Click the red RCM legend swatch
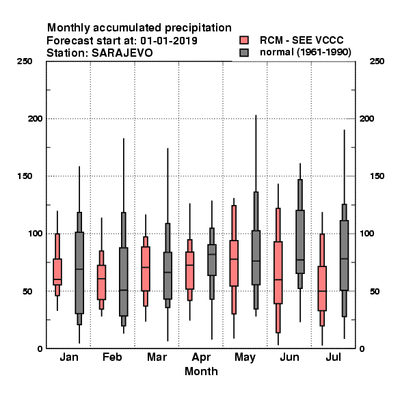pyautogui.click(x=244, y=40)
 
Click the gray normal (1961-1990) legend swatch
pyautogui.click(x=244, y=53)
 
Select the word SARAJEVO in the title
pyautogui.click(x=122, y=53)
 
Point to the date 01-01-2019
pyautogui.click(x=169, y=40)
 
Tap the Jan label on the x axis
pyautogui.click(x=69, y=357)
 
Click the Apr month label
pyautogui.click(x=201, y=357)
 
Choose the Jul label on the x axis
pyautogui.click(x=333, y=357)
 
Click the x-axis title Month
pyautogui.click(x=201, y=371)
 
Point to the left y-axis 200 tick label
pyautogui.click(x=35, y=118)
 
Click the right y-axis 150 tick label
pyautogui.click(x=377, y=176)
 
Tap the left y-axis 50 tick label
pyautogui.click(x=27, y=291)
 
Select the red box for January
pyautogui.click(x=57, y=272)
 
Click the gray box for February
pyautogui.click(x=124, y=282)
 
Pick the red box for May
pyautogui.click(x=234, y=263)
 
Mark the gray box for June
pyautogui.click(x=300, y=242)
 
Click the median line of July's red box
pyautogui.click(x=322, y=291)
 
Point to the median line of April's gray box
pyautogui.click(x=212, y=254)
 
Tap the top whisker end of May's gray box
pyautogui.click(x=256, y=115)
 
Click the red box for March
pyautogui.click(x=146, y=269)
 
